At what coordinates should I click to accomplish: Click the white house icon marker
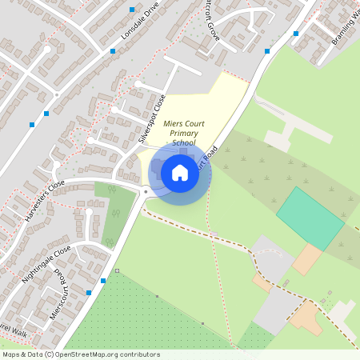[180, 172]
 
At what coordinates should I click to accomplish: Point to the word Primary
[178, 132]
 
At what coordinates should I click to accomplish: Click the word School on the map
[183, 142]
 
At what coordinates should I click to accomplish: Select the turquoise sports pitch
[310, 218]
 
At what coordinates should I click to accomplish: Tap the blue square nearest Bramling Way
[296, 34]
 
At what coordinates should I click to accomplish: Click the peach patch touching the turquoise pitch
[306, 259]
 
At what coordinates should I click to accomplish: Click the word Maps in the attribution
[12, 354]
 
